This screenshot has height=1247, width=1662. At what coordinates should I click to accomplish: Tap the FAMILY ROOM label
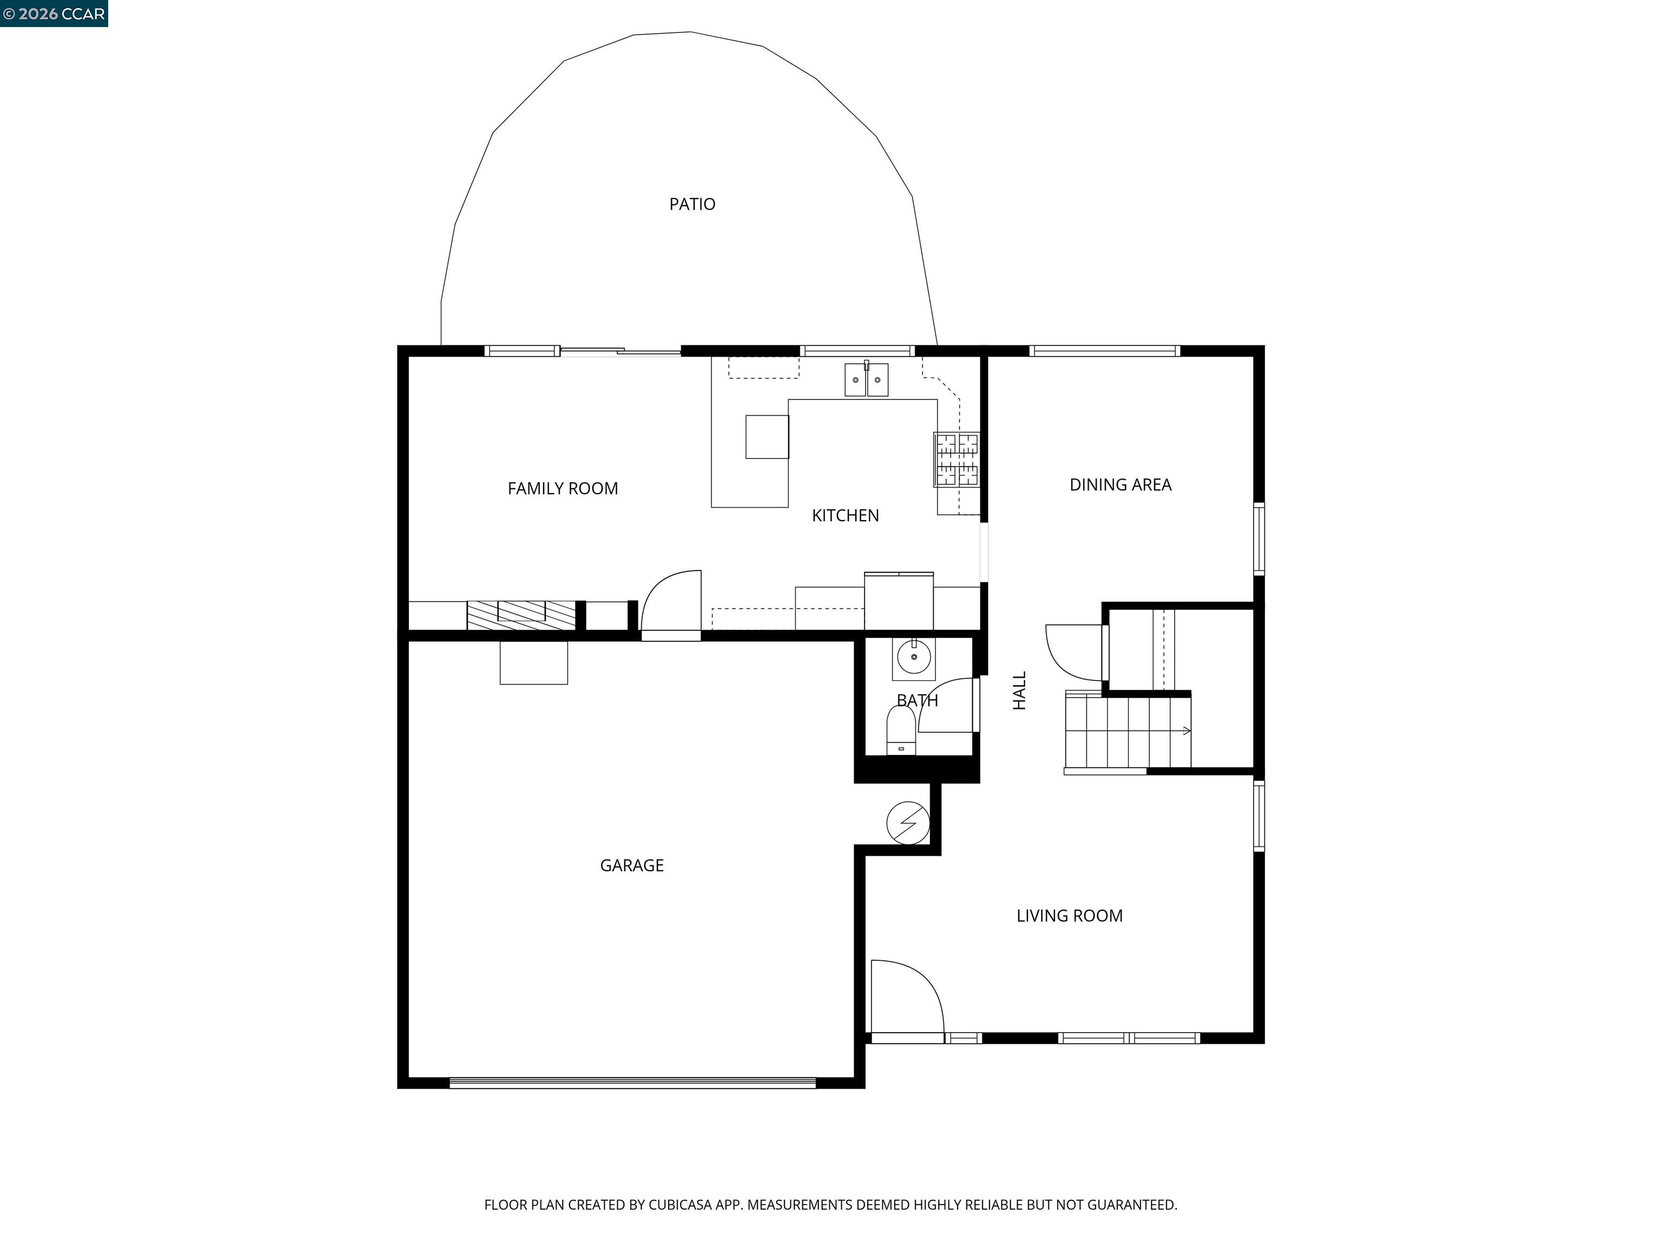(562, 489)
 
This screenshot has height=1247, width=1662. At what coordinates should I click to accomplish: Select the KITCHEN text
(845, 516)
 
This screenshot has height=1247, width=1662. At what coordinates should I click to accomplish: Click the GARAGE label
(631, 865)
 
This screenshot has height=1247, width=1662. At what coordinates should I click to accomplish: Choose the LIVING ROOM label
(1069, 916)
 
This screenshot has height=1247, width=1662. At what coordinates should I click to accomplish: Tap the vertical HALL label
(1019, 690)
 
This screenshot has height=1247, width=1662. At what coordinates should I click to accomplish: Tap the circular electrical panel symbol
(908, 823)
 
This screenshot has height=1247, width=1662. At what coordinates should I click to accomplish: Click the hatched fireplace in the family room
(520, 615)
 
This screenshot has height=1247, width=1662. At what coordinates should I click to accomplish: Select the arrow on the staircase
(1186, 731)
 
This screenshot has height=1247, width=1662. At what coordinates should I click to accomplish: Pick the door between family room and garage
(671, 605)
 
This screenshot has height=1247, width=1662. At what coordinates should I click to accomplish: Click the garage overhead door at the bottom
(632, 1083)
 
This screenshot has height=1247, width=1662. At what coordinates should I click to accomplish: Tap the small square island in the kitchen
(767, 437)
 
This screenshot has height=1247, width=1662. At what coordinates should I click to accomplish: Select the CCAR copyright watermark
(54, 14)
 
